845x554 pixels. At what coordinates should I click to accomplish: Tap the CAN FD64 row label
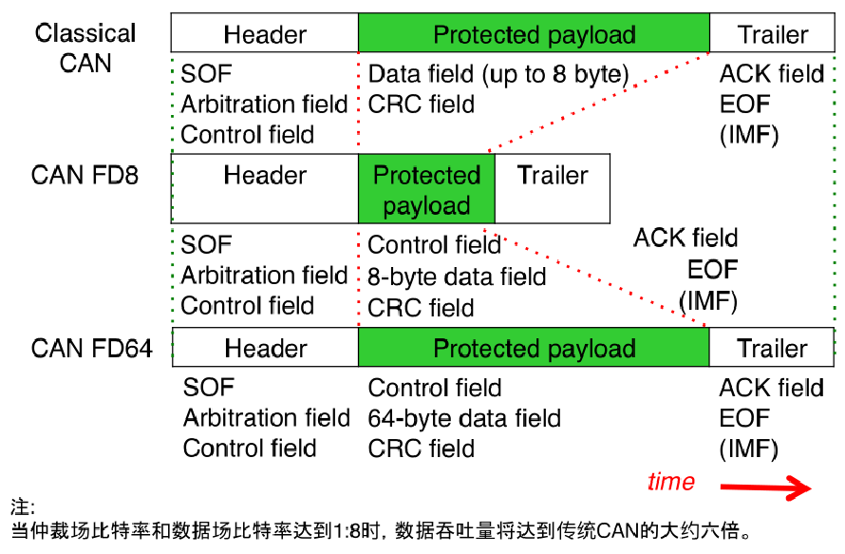click(x=91, y=348)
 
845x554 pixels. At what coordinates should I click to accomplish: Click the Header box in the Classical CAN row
click(x=265, y=35)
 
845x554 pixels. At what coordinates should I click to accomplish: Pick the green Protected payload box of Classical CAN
click(x=534, y=35)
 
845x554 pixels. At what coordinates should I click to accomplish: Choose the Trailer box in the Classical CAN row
click(x=772, y=35)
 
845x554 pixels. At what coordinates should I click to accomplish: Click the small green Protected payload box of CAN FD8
click(x=426, y=190)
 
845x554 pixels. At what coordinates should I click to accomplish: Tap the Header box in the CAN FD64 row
click(x=265, y=349)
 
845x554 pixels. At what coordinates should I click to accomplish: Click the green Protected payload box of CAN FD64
click(x=534, y=349)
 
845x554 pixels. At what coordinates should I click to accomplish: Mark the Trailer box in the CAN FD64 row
click(x=772, y=349)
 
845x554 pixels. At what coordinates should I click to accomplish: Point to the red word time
click(x=671, y=482)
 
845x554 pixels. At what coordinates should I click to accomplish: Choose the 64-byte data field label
click(x=464, y=418)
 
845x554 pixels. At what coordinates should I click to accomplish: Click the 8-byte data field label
click(x=457, y=277)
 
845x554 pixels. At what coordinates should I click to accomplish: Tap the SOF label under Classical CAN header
click(x=206, y=74)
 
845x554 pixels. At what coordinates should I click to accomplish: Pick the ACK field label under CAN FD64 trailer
click(x=771, y=388)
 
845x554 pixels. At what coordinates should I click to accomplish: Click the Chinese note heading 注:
click(x=21, y=506)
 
